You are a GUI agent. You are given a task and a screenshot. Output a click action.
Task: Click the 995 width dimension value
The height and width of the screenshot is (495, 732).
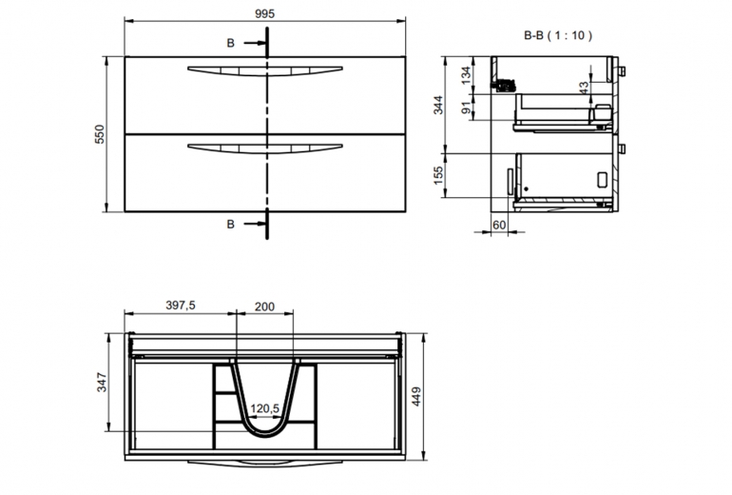pyautogui.click(x=264, y=13)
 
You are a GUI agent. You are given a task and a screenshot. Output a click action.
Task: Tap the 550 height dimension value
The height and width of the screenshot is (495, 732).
pyautogui.click(x=100, y=134)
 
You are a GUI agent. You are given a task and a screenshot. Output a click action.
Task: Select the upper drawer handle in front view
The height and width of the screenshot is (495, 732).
pyautogui.click(x=264, y=70)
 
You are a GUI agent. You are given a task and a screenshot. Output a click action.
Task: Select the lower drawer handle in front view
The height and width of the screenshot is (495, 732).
pyautogui.click(x=264, y=148)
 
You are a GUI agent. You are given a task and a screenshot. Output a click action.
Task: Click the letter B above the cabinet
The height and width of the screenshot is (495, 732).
pyautogui.click(x=231, y=43)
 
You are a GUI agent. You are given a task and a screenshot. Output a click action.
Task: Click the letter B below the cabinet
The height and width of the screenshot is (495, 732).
pyautogui.click(x=231, y=225)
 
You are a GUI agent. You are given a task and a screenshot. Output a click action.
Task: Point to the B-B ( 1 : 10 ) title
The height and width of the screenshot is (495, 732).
pyautogui.click(x=558, y=35)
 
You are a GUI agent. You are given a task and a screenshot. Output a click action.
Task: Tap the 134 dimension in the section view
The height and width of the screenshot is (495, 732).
pyautogui.click(x=466, y=75)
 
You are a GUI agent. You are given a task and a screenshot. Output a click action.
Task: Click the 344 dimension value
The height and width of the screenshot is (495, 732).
pyautogui.click(x=438, y=105)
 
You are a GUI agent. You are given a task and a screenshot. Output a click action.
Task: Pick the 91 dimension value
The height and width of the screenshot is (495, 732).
pyautogui.click(x=466, y=108)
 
